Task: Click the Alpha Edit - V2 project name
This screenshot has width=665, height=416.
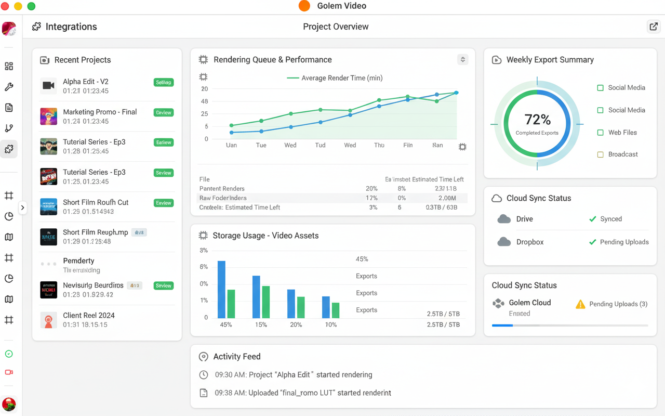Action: [x=86, y=82]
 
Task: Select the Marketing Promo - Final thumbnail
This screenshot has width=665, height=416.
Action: [x=48, y=116]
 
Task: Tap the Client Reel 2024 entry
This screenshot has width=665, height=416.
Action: [x=89, y=315]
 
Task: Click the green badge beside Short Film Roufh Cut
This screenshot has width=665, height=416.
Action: [x=164, y=203]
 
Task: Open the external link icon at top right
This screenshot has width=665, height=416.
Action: [x=653, y=27]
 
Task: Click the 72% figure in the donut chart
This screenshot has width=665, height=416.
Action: [x=537, y=120]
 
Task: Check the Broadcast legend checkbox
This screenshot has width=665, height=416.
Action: [x=600, y=154]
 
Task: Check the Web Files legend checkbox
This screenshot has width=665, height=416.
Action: [x=600, y=133]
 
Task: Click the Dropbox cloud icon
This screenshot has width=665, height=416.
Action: [x=504, y=242]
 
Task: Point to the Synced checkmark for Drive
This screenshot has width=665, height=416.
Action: [x=592, y=219]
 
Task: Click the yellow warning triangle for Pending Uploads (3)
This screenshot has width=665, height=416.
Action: [x=580, y=304]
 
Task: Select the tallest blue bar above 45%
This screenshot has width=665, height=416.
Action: [x=221, y=289]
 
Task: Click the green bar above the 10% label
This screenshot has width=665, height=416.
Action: [x=336, y=310]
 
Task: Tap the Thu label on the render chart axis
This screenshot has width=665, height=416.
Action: [x=379, y=145]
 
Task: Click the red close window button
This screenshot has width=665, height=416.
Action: [x=5, y=6]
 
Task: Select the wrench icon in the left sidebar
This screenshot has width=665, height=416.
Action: [x=9, y=87]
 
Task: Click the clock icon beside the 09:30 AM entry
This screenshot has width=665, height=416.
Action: [x=204, y=375]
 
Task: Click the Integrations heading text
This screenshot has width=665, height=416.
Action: [x=71, y=27]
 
